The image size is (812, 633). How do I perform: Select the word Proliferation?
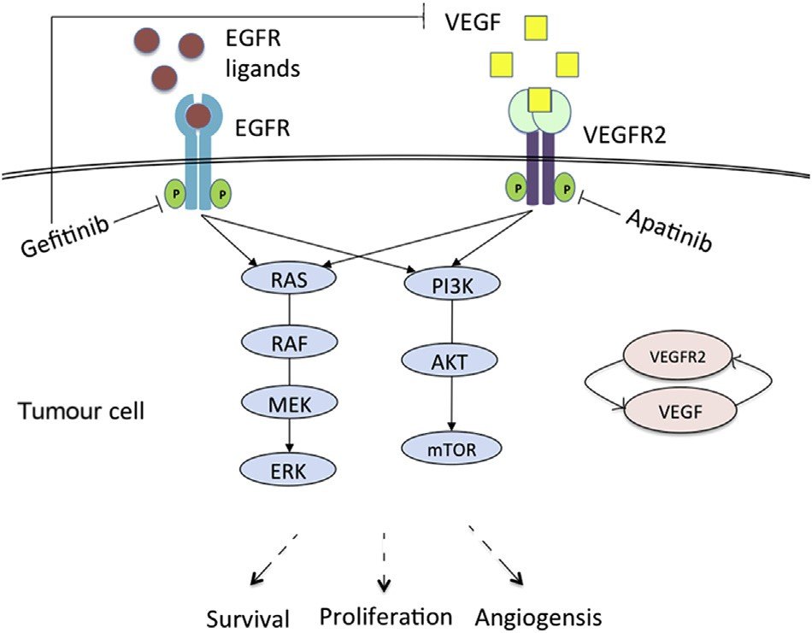[385, 615]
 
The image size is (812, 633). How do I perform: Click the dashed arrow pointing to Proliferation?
[385, 560]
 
